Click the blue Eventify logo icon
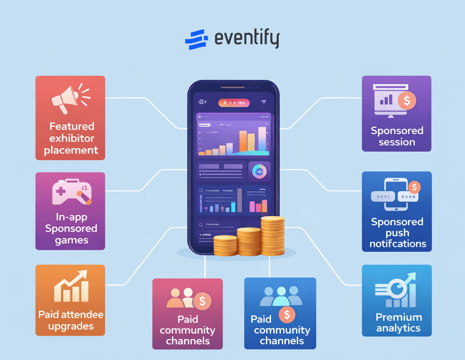click(196, 39)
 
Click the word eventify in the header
click(247, 38)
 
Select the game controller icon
click(72, 192)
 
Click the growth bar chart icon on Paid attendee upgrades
click(72, 287)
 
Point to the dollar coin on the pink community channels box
click(202, 301)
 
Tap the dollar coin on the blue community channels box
click(287, 314)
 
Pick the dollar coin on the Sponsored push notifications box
click(414, 187)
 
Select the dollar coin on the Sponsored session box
click(407, 100)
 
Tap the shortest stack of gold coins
click(225, 245)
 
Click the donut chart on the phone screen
click(259, 171)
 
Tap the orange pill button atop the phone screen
click(234, 103)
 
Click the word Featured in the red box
click(72, 126)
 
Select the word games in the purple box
click(72, 240)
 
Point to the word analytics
click(398, 328)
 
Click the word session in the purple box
click(397, 142)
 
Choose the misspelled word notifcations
click(398, 244)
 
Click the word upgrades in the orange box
click(71, 326)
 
